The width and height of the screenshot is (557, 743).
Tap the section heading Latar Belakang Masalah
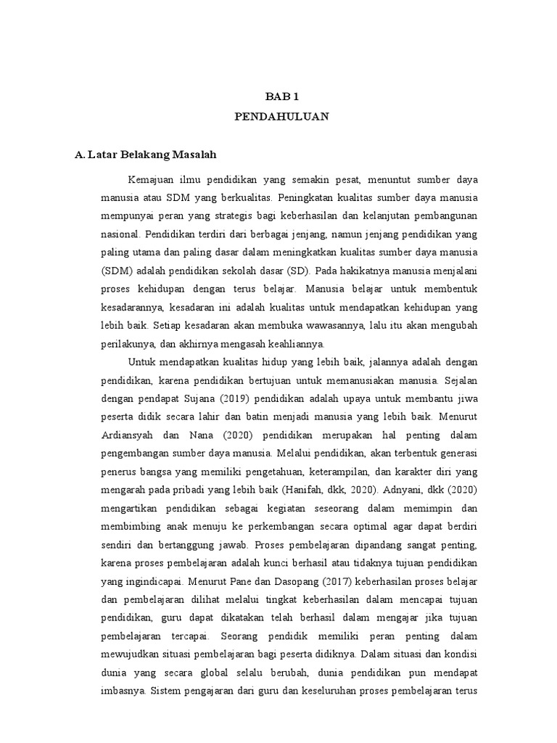tap(145, 155)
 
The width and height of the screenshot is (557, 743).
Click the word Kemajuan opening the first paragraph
tap(151, 178)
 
